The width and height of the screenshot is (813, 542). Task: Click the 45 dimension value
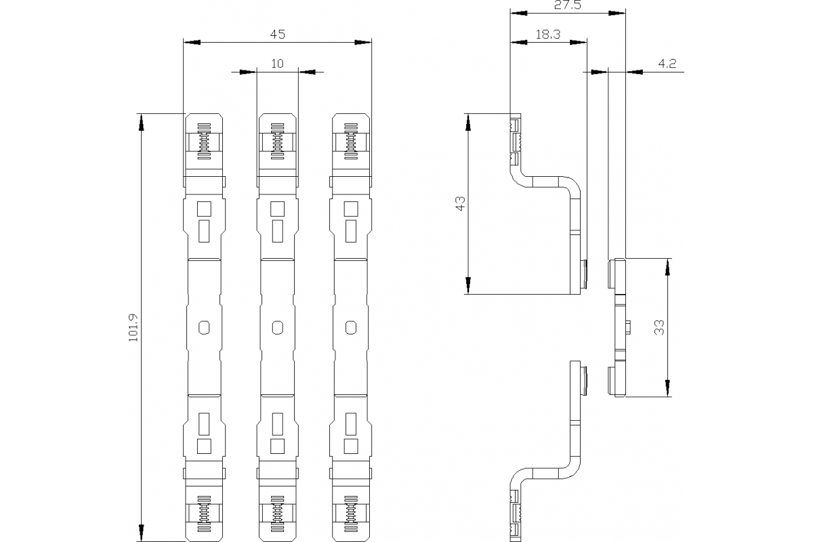pyautogui.click(x=277, y=35)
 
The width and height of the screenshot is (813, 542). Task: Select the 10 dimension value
pyautogui.click(x=277, y=64)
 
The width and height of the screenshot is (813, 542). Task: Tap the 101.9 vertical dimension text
pyautogui.click(x=133, y=327)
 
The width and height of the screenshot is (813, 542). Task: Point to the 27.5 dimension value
pyautogui.click(x=568, y=5)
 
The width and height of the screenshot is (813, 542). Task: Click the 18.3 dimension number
pyautogui.click(x=548, y=35)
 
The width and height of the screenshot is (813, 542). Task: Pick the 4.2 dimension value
pyautogui.click(x=667, y=64)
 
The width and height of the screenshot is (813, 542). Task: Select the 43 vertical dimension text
pyautogui.click(x=460, y=203)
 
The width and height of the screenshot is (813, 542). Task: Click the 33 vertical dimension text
pyautogui.click(x=659, y=327)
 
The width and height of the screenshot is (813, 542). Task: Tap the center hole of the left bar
pyautogui.click(x=204, y=327)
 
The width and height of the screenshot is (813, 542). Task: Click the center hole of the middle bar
pyautogui.click(x=278, y=327)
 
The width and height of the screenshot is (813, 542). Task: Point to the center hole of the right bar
pyautogui.click(x=351, y=327)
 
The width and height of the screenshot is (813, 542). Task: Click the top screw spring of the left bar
pyautogui.click(x=204, y=141)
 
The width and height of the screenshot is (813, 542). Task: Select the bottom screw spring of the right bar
pyautogui.click(x=351, y=514)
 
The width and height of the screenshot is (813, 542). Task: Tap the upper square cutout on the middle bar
pyautogui.click(x=278, y=209)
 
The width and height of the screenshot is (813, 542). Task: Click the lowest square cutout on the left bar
pyautogui.click(x=204, y=446)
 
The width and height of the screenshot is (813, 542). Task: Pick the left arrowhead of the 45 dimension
pyautogui.click(x=192, y=43)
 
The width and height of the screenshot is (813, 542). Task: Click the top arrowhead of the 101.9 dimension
pyautogui.click(x=142, y=122)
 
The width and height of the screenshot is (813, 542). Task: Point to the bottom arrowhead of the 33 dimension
pyautogui.click(x=667, y=388)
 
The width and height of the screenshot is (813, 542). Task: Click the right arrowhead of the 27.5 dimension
pyautogui.click(x=617, y=13)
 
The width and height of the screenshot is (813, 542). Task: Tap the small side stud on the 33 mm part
pyautogui.click(x=628, y=327)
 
